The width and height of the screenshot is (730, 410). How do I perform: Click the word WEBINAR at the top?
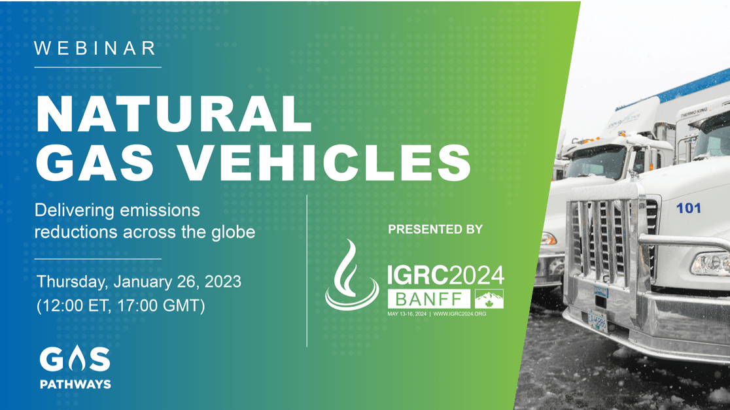point(96,48)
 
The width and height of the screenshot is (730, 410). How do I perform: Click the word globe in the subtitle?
point(233,231)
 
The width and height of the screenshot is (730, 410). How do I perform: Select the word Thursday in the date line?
point(72,282)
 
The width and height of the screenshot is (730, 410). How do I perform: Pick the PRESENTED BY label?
point(435,230)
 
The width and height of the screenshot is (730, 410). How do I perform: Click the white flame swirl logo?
point(351,275)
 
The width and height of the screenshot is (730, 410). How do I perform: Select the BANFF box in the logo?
point(428,300)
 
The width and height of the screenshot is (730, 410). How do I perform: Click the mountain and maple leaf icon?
point(489,299)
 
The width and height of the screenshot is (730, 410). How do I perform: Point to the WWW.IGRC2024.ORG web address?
point(460,315)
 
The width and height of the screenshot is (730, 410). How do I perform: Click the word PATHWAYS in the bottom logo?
point(75,384)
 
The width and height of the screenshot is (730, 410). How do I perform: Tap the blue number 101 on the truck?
point(688,208)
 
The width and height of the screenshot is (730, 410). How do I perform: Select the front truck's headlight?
point(710,264)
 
